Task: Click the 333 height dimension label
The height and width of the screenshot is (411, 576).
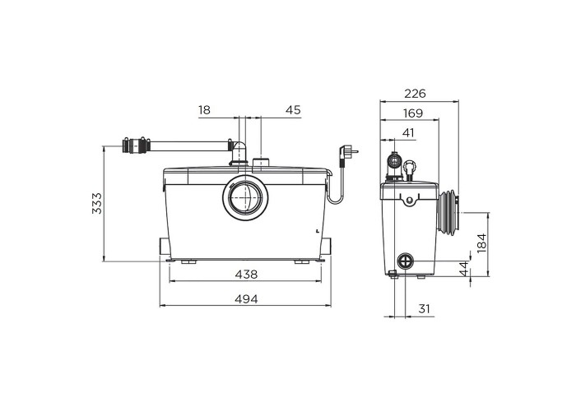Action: pyautogui.click(x=97, y=203)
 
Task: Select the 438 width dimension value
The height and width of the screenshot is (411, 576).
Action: pyautogui.click(x=246, y=274)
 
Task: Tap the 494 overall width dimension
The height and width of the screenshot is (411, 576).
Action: pyautogui.click(x=246, y=299)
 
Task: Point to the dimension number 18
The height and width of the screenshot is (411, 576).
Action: pyautogui.click(x=204, y=109)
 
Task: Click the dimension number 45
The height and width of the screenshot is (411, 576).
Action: pyautogui.click(x=293, y=109)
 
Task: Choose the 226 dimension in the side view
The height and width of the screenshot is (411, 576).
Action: pyautogui.click(x=415, y=94)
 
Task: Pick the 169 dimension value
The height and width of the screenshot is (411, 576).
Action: pyautogui.click(x=413, y=113)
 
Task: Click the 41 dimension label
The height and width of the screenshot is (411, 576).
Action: pyautogui.click(x=408, y=132)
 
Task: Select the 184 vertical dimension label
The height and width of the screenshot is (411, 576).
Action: pyautogui.click(x=481, y=242)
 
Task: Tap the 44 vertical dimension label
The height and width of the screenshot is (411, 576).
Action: pyautogui.click(x=464, y=269)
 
